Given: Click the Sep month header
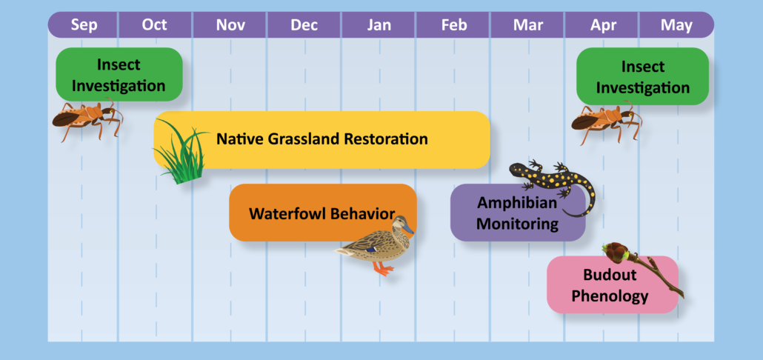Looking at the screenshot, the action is (84, 24).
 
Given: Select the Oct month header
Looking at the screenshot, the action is (154, 24).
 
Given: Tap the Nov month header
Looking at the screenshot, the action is (230, 24).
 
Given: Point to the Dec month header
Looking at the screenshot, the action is (304, 24).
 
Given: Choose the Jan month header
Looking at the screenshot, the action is (379, 24).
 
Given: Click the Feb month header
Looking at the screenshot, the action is (454, 24).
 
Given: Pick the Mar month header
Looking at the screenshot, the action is (528, 24).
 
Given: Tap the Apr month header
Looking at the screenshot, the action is (603, 24).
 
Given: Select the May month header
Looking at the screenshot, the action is (677, 24).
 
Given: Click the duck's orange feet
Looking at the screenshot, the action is (383, 269).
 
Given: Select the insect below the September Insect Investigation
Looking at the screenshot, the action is (87, 119).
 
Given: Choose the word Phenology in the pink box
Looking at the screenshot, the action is (610, 296).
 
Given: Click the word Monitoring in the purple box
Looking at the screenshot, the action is (517, 224).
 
